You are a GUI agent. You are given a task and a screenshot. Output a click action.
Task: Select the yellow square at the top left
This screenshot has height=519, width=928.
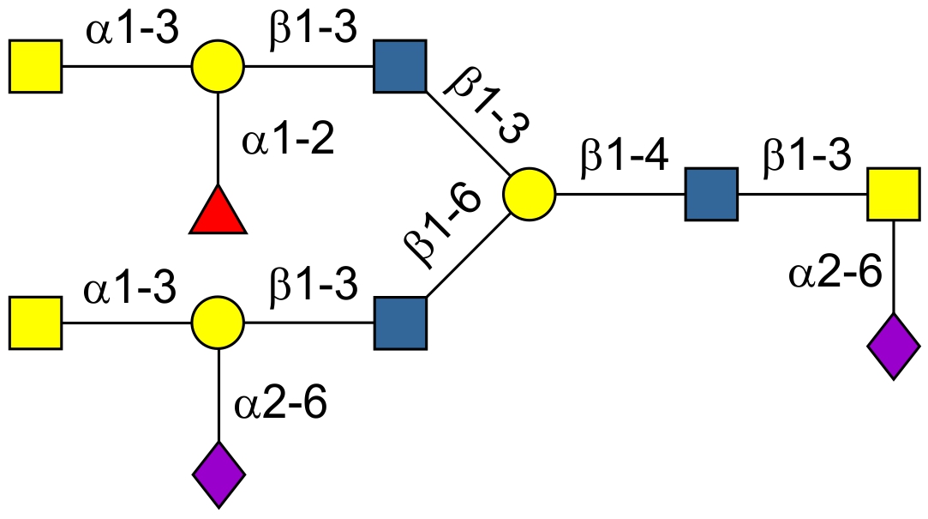(x=35, y=65)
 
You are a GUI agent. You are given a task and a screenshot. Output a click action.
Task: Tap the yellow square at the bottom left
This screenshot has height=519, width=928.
(x=35, y=323)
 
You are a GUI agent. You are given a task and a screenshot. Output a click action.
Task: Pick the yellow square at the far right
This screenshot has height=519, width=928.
(x=894, y=195)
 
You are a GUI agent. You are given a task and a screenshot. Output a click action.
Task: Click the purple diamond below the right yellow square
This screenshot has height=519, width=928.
(x=894, y=347)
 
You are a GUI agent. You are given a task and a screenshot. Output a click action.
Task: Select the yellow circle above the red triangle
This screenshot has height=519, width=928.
(x=218, y=65)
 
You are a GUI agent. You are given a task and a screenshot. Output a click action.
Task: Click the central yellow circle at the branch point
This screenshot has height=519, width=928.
(x=529, y=195)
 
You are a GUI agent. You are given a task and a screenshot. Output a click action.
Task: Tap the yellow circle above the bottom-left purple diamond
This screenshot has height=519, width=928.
(x=218, y=323)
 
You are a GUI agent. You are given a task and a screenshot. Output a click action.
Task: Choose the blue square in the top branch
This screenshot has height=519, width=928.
(x=400, y=65)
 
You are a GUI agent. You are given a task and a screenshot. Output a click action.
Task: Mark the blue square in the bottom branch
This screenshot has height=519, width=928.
(x=400, y=323)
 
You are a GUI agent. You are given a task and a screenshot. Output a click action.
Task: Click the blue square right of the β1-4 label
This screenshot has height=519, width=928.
(x=711, y=195)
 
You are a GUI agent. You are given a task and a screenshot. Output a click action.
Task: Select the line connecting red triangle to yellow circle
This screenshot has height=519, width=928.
(x=219, y=137)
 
